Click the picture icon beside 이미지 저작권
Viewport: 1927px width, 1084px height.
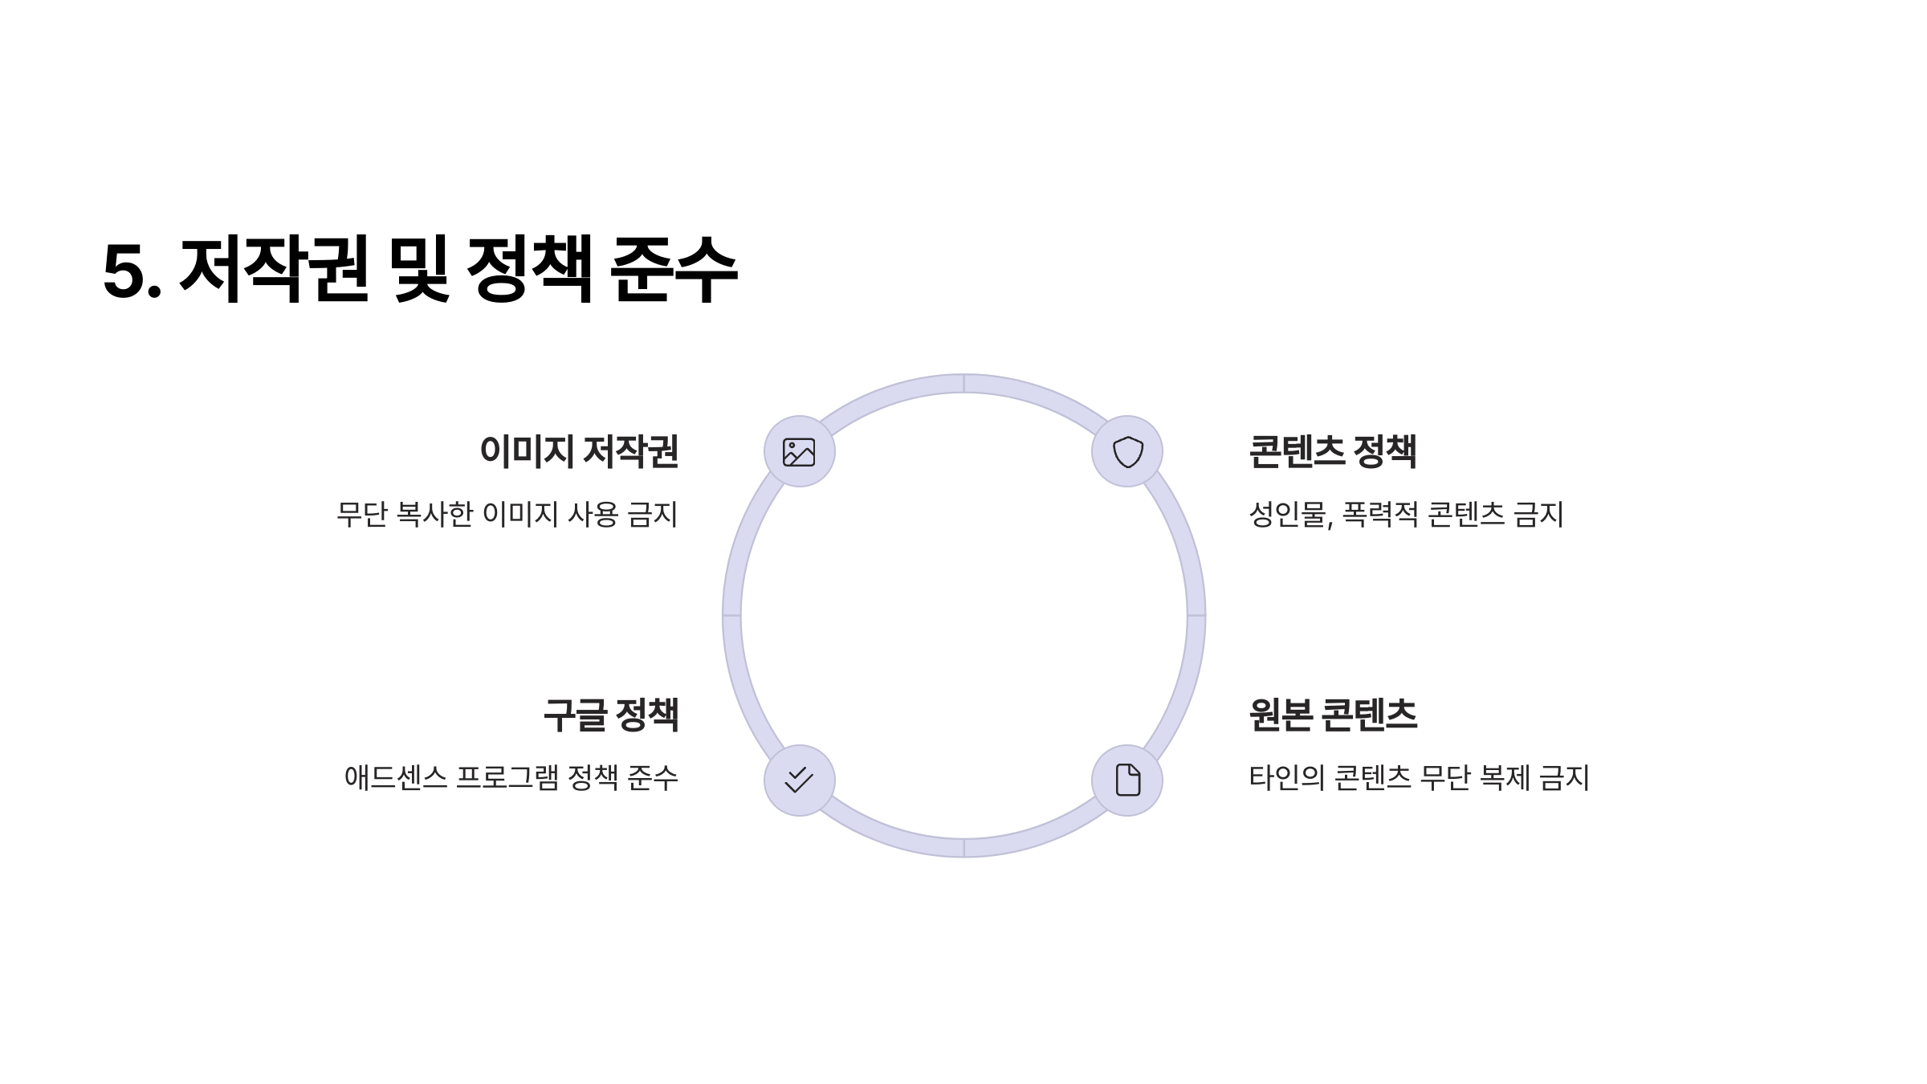pos(799,452)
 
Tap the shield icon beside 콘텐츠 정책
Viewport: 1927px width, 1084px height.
pos(1127,452)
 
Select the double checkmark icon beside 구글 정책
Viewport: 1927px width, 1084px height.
pos(799,780)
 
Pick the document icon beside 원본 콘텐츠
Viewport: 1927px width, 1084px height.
pos(1127,780)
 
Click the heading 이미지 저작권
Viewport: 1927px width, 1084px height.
pos(579,451)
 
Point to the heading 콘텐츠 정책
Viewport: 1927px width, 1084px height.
pos(1333,451)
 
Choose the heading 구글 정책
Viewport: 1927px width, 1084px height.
pos(611,715)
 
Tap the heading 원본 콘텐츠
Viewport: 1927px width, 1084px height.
pos(1333,715)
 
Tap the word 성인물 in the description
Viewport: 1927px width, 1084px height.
pos(1289,515)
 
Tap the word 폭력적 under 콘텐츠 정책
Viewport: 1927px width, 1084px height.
pos(1380,515)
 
